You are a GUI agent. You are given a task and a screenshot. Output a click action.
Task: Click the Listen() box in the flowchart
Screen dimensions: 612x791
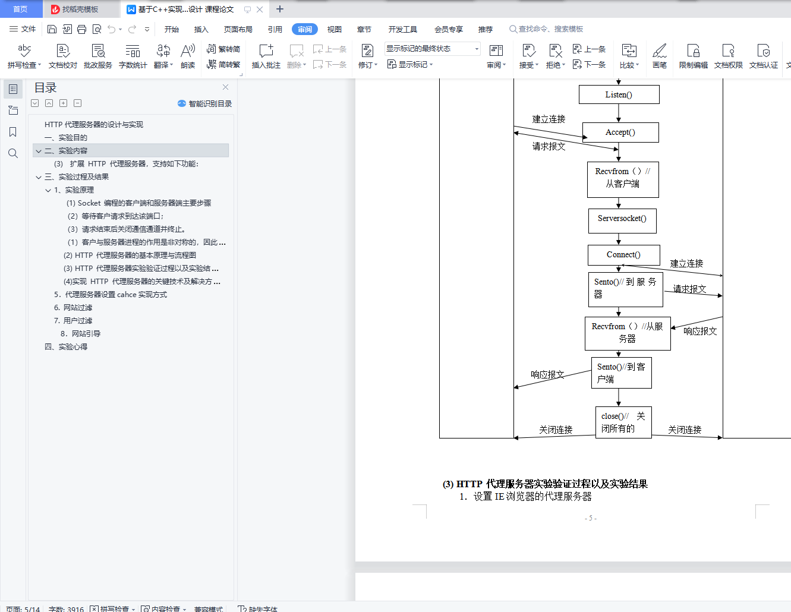coord(619,94)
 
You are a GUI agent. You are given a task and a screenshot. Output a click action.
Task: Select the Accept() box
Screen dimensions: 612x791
coord(620,133)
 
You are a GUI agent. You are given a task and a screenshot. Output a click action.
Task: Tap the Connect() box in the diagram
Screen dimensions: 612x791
coord(623,255)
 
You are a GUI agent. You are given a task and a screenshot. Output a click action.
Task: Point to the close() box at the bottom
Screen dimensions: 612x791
coord(623,422)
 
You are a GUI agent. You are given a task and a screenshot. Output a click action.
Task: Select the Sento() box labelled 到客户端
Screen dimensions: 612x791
coord(621,373)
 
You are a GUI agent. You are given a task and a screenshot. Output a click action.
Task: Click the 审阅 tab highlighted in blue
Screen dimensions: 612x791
coord(304,29)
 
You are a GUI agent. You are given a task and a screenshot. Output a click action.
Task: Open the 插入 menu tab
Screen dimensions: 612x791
coord(201,29)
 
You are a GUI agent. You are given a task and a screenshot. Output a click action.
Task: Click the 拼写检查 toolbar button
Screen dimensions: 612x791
coord(24,56)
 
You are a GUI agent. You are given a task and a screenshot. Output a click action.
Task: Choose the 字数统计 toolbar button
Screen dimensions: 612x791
coord(133,56)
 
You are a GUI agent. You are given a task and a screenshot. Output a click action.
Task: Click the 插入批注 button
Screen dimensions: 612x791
coord(266,56)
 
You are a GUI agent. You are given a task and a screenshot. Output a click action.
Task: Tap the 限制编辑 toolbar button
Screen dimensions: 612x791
coord(693,56)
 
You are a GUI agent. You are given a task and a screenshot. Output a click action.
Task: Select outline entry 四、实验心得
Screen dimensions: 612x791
coord(66,346)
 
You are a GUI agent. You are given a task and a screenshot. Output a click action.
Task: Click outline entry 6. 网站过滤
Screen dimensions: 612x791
coord(73,307)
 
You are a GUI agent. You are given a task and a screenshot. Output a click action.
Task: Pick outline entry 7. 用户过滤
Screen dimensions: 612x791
coord(73,320)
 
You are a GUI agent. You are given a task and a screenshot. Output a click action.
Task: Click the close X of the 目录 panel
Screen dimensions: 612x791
coord(225,87)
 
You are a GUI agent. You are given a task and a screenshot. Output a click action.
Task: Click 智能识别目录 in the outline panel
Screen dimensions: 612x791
coord(205,103)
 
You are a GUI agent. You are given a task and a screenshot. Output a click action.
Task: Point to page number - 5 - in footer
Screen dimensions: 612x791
coord(590,518)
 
